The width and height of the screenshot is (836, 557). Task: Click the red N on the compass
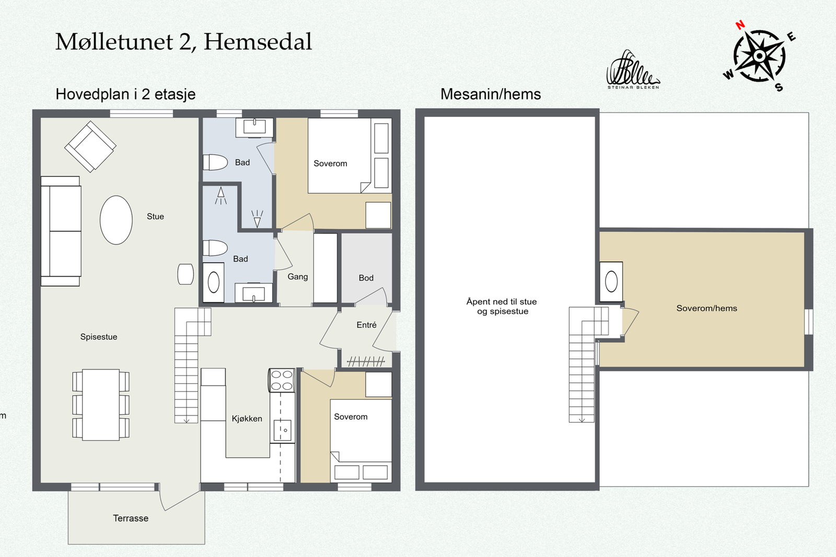click(740, 25)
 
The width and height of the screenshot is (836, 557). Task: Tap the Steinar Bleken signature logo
click(633, 70)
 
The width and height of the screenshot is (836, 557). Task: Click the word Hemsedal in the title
click(258, 41)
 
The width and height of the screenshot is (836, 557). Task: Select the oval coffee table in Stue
click(116, 220)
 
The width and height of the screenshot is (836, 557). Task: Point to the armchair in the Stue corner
click(90, 147)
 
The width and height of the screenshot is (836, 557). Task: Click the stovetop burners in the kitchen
click(282, 380)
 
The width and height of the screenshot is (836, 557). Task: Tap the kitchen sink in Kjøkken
click(283, 430)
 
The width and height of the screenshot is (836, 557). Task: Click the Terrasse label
click(131, 518)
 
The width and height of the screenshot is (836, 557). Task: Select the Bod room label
click(366, 278)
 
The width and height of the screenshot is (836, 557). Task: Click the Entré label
click(366, 325)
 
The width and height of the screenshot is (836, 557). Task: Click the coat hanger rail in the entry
click(366, 361)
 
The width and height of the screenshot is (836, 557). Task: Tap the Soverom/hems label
click(707, 309)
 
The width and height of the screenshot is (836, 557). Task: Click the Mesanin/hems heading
click(491, 94)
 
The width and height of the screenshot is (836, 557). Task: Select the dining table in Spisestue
click(101, 405)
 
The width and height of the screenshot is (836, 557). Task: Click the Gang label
click(297, 277)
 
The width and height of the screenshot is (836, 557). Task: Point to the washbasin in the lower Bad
click(254, 293)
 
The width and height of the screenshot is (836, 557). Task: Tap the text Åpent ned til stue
click(502, 302)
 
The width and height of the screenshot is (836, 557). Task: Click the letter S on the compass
click(779, 88)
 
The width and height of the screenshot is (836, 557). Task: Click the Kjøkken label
click(247, 419)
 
